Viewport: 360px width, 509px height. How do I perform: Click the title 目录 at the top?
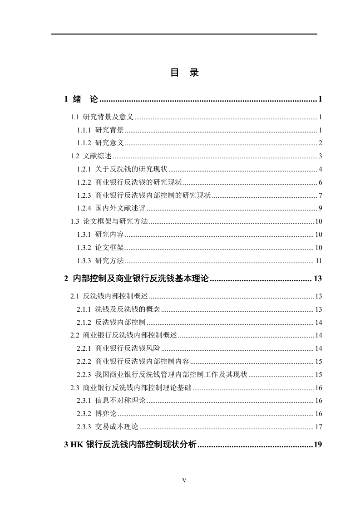[184, 73]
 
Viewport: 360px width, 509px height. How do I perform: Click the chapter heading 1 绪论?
[82, 99]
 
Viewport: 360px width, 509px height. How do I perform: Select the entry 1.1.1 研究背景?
[100, 130]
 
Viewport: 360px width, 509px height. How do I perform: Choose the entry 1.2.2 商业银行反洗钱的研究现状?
[129, 183]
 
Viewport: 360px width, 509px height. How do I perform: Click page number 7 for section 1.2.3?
[320, 196]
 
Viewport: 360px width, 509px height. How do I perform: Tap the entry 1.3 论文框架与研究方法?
[109, 222]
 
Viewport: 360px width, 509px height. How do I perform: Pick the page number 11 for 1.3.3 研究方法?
[319, 261]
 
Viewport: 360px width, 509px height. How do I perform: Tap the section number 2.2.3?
[84, 375]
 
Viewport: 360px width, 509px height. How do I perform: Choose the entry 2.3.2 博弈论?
[97, 414]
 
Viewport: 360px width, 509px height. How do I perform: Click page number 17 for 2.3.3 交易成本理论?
[318, 427]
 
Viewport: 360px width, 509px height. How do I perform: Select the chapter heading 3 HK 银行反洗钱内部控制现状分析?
[131, 445]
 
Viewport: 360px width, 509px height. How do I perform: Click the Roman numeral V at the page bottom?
[184, 480]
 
